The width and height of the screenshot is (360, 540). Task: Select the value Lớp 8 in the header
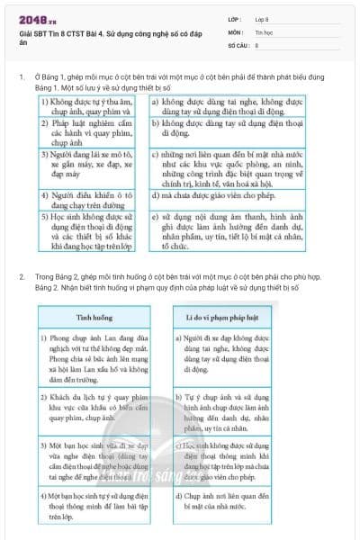point(262,18)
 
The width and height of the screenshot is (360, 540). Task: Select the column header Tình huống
point(94,318)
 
